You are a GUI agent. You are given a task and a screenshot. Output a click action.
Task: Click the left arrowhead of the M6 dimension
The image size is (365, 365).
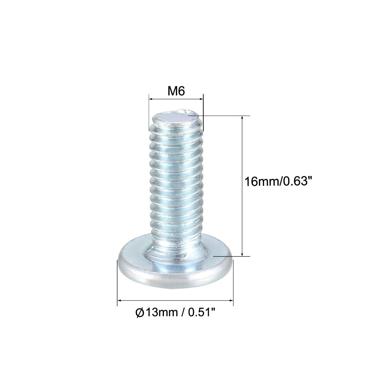(150, 99)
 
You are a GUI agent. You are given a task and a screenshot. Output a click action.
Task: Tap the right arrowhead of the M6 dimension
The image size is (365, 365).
(201, 99)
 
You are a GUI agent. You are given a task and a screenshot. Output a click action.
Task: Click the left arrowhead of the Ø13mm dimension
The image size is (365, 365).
(119, 301)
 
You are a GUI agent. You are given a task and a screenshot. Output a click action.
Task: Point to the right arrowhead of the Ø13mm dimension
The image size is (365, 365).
(232, 301)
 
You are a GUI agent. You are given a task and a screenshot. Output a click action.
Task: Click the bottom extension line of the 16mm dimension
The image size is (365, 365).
(232, 256)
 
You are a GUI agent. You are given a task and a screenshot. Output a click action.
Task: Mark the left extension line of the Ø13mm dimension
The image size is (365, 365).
(117, 282)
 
